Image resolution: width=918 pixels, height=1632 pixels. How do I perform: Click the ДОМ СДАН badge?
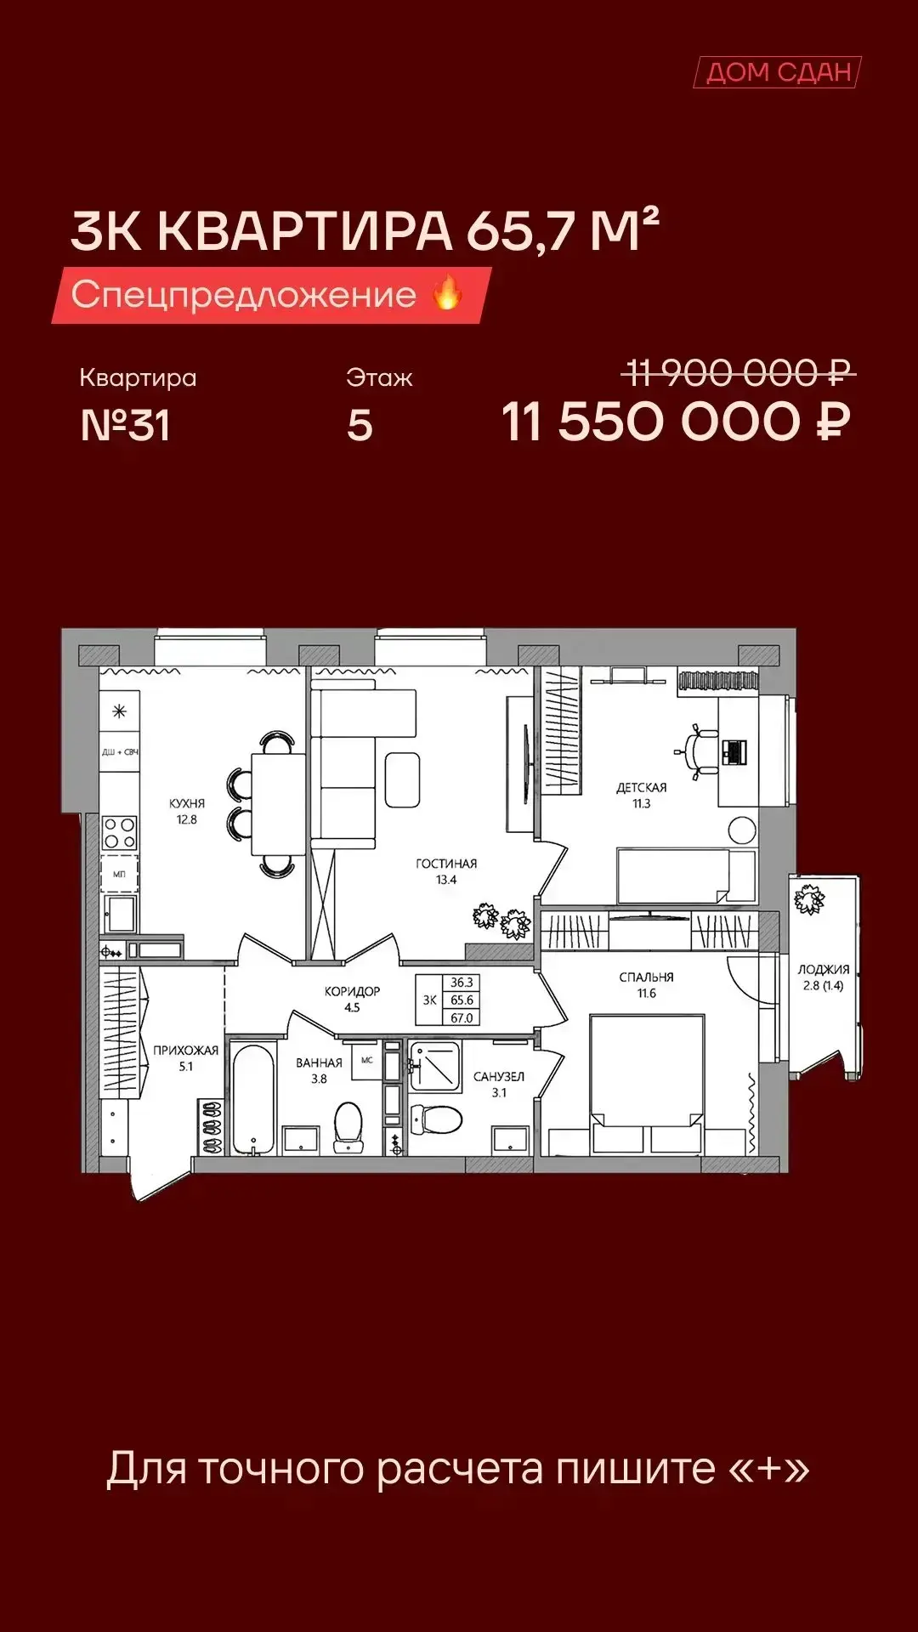pos(778,72)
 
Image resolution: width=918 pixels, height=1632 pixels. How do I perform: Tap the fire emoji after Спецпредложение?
pos(447,293)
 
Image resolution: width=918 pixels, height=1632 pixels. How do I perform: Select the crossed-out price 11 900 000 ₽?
pos(738,372)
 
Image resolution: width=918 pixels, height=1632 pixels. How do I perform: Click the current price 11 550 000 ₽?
pos(676,422)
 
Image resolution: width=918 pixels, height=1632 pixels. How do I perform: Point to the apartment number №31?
pos(125,425)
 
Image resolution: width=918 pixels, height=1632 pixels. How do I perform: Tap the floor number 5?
pos(360,425)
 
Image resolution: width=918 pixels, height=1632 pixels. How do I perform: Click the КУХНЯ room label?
pos(187,803)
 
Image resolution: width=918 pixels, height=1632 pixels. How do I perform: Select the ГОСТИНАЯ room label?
pos(446,864)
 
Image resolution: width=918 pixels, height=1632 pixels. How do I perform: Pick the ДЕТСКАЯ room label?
pos(642,788)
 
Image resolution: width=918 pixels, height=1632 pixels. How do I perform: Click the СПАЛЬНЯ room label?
pos(646,977)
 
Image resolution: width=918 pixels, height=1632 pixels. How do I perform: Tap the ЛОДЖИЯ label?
pos(823,969)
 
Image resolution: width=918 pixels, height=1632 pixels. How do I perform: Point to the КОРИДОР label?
pos(352,991)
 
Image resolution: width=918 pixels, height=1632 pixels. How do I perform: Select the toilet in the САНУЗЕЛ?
pos(436,1119)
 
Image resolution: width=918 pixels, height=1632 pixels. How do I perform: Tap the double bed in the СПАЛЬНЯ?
pos(647,1084)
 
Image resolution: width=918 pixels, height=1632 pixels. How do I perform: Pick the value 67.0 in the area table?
pos(462,1017)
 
